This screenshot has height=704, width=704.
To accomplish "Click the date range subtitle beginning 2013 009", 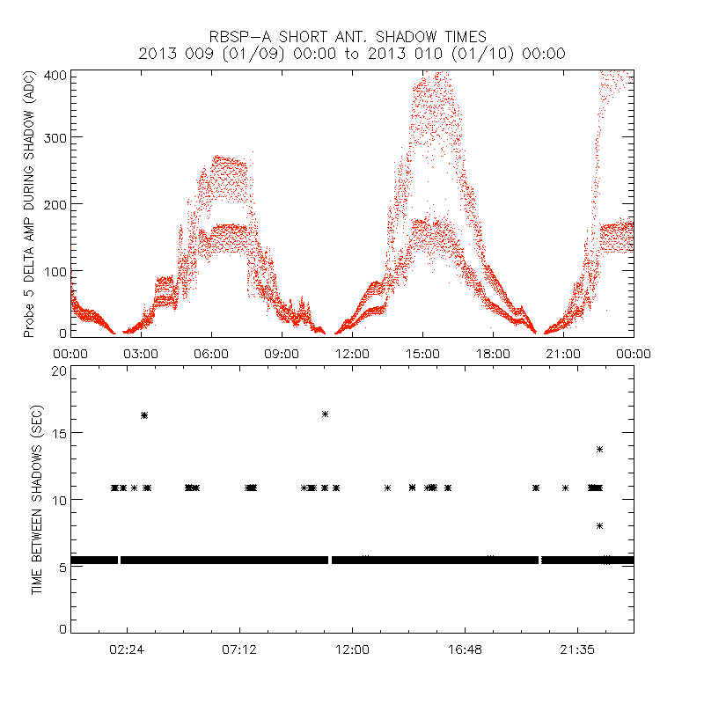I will pos(352,54).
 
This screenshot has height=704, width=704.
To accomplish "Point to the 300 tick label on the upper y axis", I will pos(55,137).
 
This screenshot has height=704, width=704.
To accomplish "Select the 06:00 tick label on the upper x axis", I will pos(211,354).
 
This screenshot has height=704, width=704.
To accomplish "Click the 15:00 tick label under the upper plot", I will pos(422,354).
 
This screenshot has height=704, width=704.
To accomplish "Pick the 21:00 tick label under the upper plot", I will pos(563,354).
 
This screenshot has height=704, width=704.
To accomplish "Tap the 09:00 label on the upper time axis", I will pos(282,354).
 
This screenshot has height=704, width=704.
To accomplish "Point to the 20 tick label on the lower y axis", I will pos(58,370).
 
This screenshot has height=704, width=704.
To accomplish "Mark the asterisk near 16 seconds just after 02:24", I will pos(144,414).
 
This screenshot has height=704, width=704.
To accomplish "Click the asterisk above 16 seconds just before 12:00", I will pos(325,414).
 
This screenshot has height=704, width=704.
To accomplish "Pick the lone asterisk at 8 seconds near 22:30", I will pos(599,525).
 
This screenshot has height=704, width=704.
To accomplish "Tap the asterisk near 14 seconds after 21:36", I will pos(599,449).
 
